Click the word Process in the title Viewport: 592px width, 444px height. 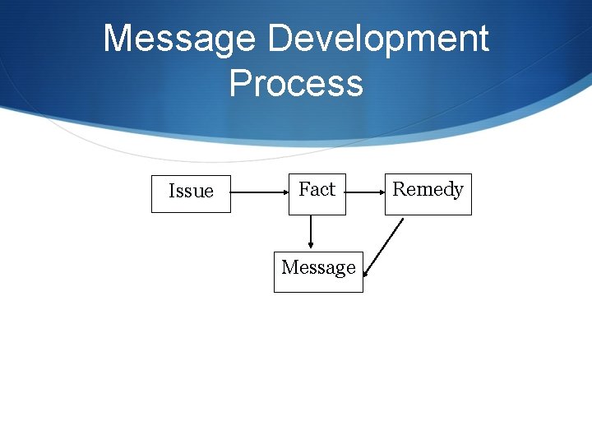point(296,84)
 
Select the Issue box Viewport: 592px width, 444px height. point(191,193)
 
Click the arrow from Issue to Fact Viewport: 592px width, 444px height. point(259,193)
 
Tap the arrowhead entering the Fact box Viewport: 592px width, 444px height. point(284,193)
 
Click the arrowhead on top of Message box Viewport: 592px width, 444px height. point(311,244)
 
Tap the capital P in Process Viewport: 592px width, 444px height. point(239,84)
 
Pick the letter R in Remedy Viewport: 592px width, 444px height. point(399,189)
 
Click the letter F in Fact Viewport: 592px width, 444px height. point(304,189)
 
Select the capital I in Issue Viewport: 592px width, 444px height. point(171,192)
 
